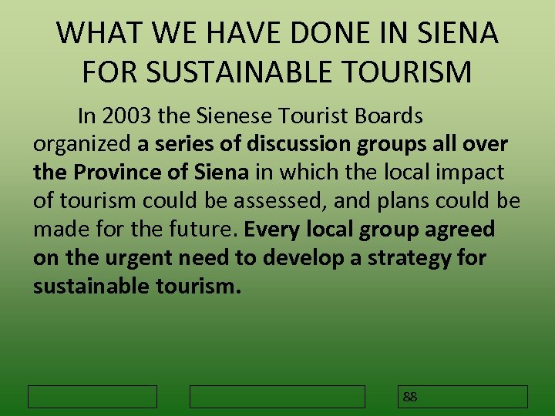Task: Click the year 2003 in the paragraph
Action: click(x=126, y=116)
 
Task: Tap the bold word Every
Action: click(x=274, y=230)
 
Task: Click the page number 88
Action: click(x=410, y=397)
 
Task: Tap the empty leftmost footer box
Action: click(x=92, y=397)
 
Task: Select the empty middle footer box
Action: click(x=277, y=397)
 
